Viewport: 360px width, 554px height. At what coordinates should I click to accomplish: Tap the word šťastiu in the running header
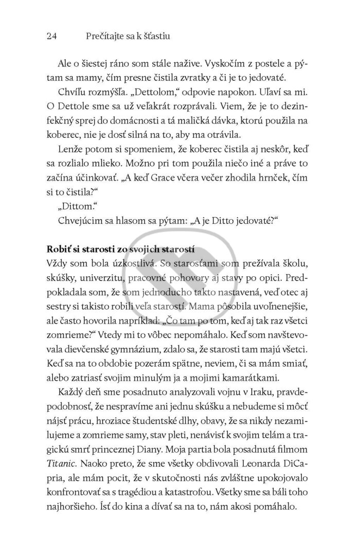tap(155, 37)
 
